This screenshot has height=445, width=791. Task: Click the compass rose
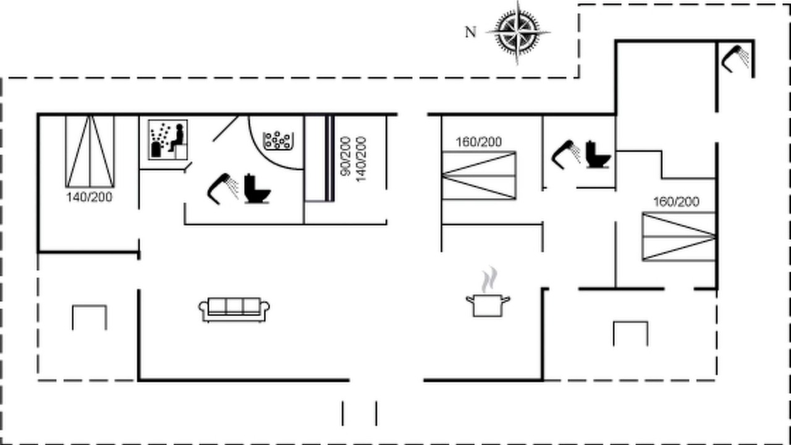(518, 33)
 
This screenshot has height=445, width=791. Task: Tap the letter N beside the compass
(470, 33)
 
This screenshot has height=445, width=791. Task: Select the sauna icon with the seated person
(167, 140)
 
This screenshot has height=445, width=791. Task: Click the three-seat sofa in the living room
(234, 310)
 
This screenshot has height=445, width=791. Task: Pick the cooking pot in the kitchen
(488, 305)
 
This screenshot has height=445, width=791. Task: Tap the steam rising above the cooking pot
(489, 279)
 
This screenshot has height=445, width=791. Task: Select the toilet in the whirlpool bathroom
(258, 189)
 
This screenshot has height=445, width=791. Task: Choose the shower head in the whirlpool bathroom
(222, 189)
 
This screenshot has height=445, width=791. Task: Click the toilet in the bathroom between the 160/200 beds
(598, 155)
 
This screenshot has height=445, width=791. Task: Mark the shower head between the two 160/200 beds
(566, 155)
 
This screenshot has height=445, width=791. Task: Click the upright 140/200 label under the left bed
(90, 197)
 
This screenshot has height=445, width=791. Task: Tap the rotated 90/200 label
(345, 156)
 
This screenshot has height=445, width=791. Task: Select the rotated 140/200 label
(361, 159)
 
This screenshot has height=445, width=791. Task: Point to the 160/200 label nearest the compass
(479, 142)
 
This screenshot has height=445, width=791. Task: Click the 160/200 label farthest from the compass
(676, 202)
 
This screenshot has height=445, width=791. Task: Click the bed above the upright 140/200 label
(90, 151)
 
